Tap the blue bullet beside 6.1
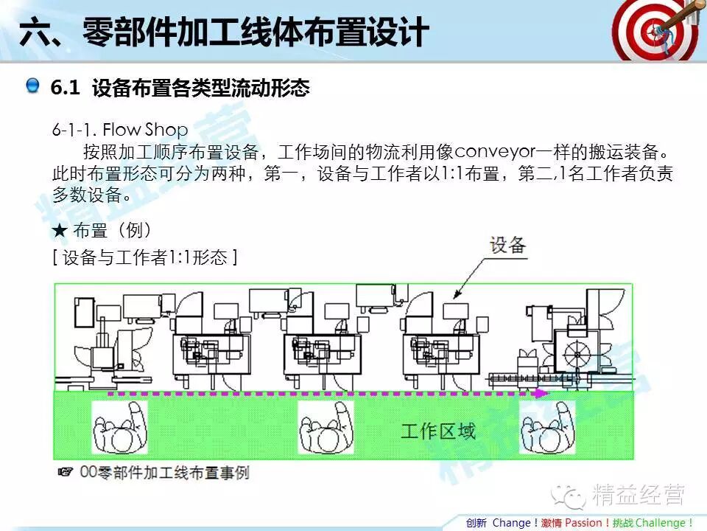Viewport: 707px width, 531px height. click(x=32, y=87)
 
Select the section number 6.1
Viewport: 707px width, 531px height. click(x=65, y=88)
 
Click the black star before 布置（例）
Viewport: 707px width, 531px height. click(x=60, y=231)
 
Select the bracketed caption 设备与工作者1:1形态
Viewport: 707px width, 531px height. click(x=144, y=257)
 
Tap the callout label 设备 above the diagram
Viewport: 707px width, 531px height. click(x=508, y=245)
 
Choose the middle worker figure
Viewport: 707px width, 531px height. click(x=325, y=427)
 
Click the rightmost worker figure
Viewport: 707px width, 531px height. click(x=547, y=427)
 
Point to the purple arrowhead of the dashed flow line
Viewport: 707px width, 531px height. click(x=541, y=394)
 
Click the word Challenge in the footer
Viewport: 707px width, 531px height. click(x=660, y=523)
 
